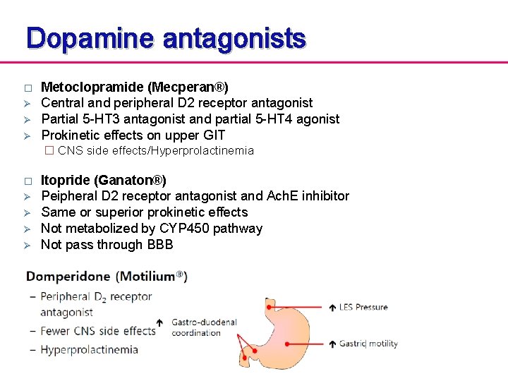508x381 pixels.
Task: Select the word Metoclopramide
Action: (92, 87)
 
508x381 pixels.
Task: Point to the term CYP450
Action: (183, 228)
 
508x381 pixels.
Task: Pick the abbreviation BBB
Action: (159, 244)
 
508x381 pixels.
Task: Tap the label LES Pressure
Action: (363, 307)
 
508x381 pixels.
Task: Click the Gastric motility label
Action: (369, 344)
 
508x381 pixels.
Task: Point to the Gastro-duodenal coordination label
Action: (204, 327)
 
